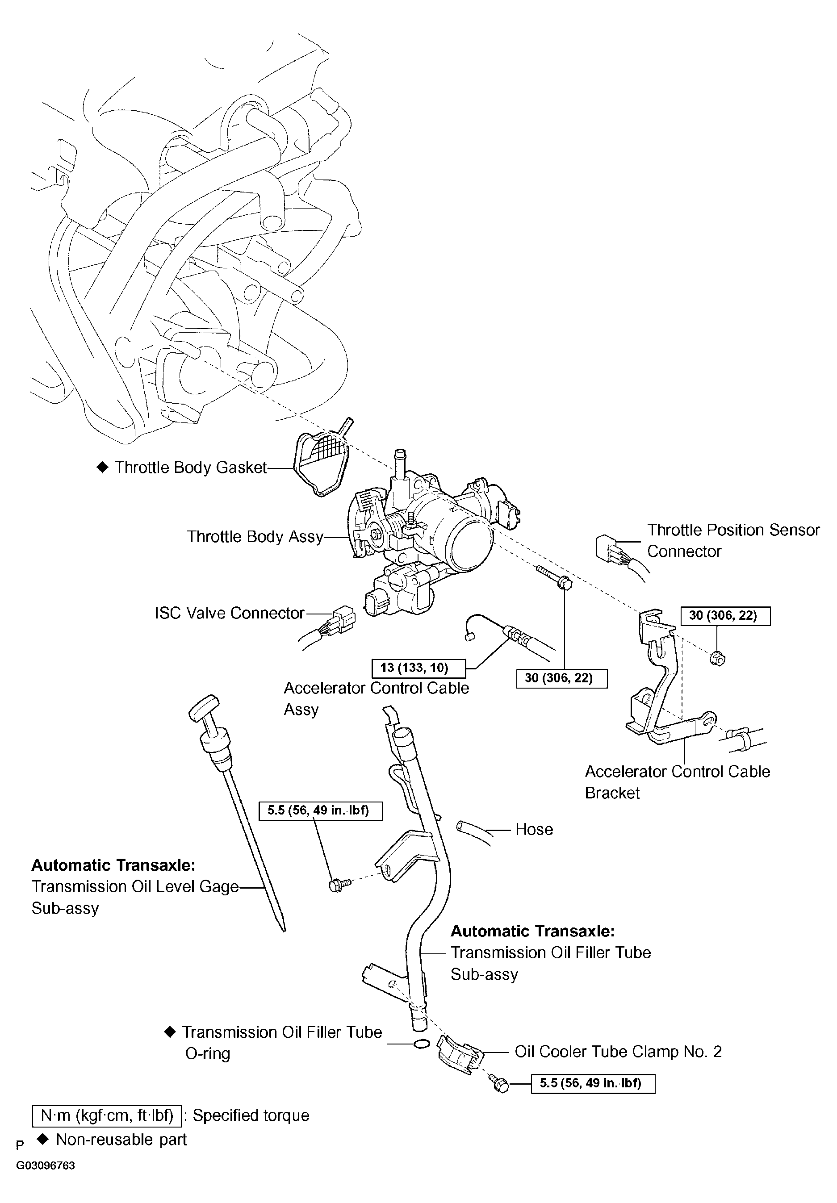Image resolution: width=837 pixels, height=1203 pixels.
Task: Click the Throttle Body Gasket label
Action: click(191, 468)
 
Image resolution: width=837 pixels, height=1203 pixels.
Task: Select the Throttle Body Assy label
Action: click(255, 537)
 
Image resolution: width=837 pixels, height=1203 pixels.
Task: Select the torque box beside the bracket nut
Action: click(725, 616)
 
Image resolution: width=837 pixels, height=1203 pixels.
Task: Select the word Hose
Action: click(534, 829)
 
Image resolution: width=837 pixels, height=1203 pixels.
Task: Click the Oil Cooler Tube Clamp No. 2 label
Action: click(618, 1051)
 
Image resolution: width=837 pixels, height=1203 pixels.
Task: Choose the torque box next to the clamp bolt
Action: click(593, 1083)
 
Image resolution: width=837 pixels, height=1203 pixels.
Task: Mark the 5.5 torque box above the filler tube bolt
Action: click(320, 810)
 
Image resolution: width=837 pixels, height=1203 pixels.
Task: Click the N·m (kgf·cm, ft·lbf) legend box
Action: click(107, 1115)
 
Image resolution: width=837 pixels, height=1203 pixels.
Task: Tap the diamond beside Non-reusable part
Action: click(43, 1139)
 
